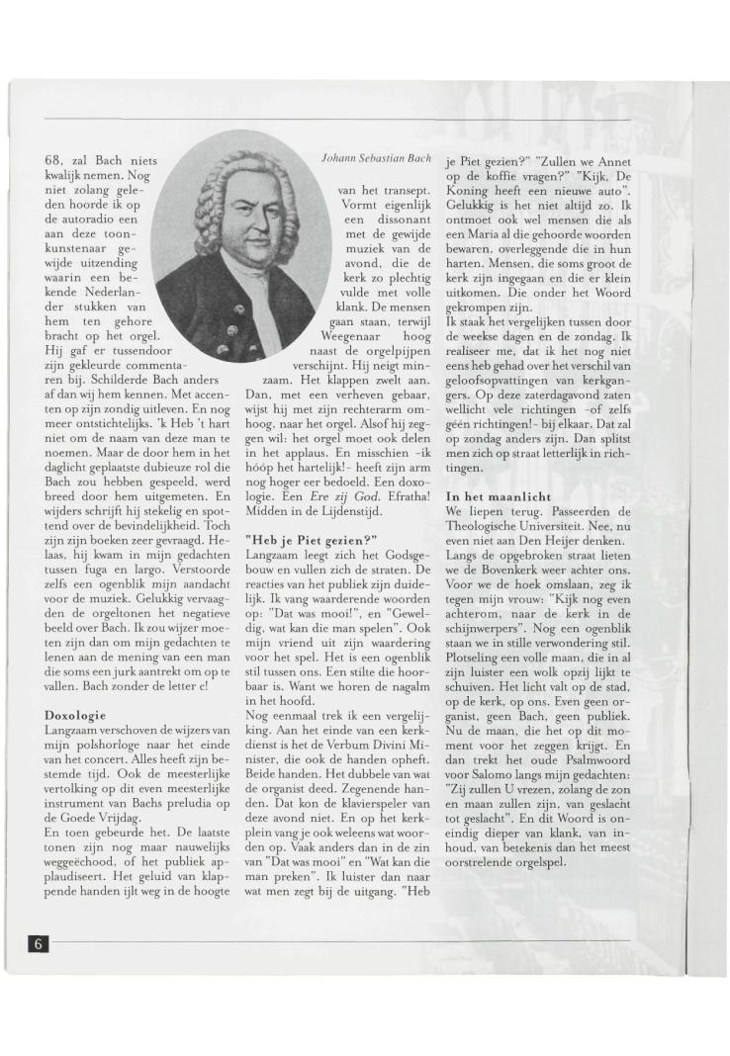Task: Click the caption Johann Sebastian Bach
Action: tap(373, 158)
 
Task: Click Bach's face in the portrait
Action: tap(243, 221)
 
